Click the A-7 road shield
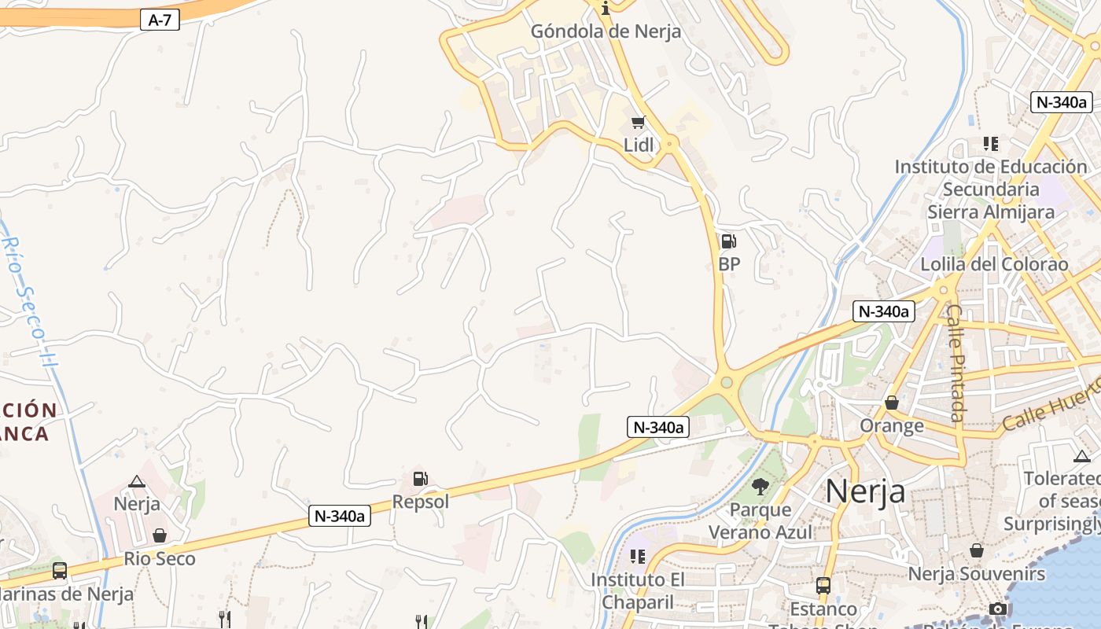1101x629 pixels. click(160, 20)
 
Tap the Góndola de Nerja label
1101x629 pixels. click(606, 32)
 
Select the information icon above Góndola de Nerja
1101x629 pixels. click(606, 9)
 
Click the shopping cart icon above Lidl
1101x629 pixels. click(638, 123)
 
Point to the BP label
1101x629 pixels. click(729, 264)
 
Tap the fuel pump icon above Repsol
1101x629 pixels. click(421, 478)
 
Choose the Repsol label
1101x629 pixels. click(421, 502)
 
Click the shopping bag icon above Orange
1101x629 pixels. click(892, 403)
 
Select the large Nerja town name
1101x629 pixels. click(865, 491)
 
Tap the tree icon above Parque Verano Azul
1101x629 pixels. click(760, 487)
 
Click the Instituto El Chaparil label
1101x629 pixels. click(638, 590)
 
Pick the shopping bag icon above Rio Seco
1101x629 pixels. click(160, 535)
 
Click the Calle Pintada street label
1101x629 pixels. click(956, 362)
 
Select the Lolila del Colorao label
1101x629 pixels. click(994, 264)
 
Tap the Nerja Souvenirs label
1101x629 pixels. click(977, 574)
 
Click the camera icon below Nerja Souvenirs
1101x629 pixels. click(998, 609)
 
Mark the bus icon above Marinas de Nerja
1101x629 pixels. click(60, 571)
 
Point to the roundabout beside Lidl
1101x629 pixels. click(669, 144)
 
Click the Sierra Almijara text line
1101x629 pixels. click(991, 212)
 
